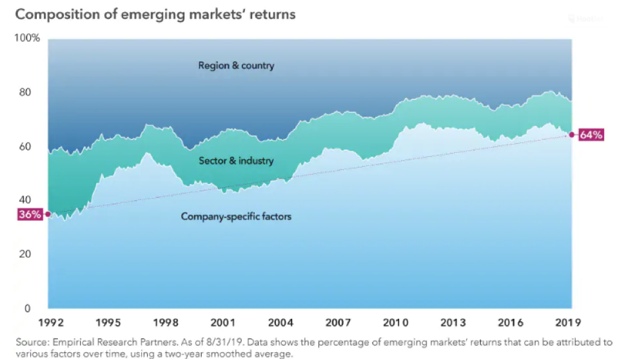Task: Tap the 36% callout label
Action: click(x=29, y=215)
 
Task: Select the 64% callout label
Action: click(x=591, y=135)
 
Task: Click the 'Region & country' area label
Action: click(x=236, y=65)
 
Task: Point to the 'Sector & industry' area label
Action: click(x=236, y=161)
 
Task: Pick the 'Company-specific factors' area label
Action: click(x=236, y=217)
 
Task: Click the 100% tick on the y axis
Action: click(x=27, y=38)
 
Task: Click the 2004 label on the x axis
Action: click(x=280, y=322)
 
